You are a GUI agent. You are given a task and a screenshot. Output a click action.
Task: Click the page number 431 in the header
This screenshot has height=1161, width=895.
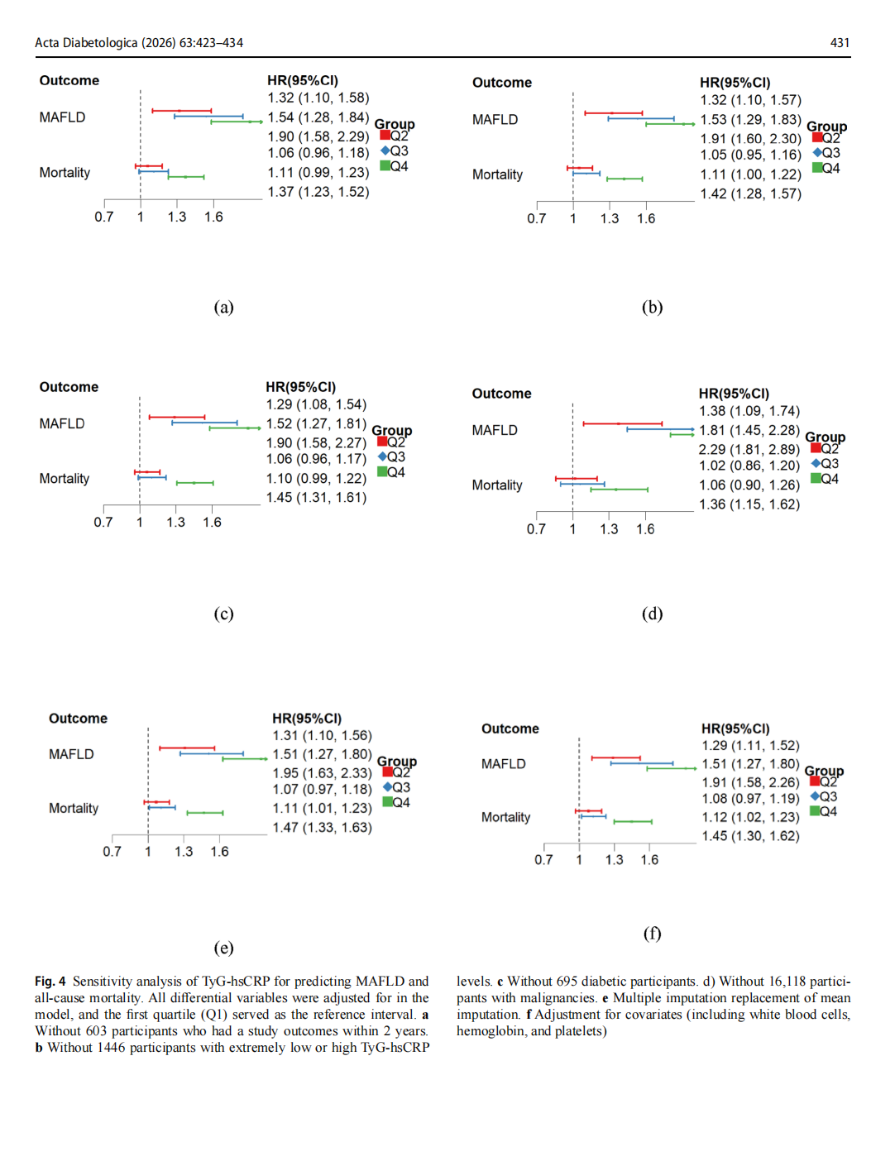840,43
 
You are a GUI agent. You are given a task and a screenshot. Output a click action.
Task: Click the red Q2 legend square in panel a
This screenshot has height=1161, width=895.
385,136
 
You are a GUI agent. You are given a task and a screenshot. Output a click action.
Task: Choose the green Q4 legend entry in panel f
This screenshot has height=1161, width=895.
815,811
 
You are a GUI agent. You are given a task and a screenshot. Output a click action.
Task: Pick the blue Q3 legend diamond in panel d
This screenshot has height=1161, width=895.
816,464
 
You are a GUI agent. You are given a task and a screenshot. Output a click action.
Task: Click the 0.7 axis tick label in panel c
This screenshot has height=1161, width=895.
103,523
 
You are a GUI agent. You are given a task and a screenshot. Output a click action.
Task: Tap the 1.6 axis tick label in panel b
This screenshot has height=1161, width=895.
646,219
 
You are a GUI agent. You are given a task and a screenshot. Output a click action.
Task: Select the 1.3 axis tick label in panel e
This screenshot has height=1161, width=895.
184,852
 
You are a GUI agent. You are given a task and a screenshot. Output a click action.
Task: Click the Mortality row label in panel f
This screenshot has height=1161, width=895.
505,818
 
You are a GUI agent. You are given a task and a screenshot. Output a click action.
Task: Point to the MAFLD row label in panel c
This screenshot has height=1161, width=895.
62,424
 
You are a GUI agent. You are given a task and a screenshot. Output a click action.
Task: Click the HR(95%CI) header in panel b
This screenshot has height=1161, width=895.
735,83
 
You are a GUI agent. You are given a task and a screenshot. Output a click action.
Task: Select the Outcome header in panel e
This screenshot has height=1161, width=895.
78,719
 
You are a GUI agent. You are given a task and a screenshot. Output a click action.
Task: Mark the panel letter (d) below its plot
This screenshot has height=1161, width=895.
652,614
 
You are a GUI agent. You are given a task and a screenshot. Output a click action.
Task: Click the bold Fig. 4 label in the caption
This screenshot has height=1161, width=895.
50,982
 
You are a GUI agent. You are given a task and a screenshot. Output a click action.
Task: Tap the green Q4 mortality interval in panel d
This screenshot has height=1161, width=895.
619,490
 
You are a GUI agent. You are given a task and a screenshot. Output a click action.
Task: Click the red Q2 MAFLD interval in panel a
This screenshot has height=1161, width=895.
181,110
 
